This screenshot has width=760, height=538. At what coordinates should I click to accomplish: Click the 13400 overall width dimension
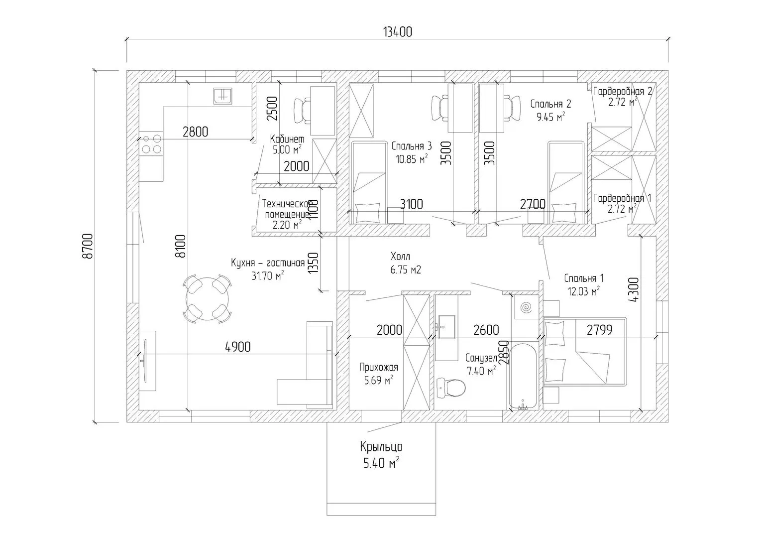(x=397, y=32)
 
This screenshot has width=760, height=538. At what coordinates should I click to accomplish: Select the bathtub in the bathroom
(x=522, y=376)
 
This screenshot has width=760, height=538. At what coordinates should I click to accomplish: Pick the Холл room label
(x=401, y=257)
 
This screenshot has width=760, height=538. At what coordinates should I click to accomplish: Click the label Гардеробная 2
(x=622, y=91)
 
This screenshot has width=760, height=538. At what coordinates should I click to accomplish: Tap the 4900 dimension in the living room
(x=237, y=347)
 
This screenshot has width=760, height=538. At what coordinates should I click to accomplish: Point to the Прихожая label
(x=379, y=368)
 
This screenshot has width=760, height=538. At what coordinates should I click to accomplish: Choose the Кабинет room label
(x=287, y=139)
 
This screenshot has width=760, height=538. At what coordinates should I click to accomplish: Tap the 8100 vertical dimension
(x=180, y=245)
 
